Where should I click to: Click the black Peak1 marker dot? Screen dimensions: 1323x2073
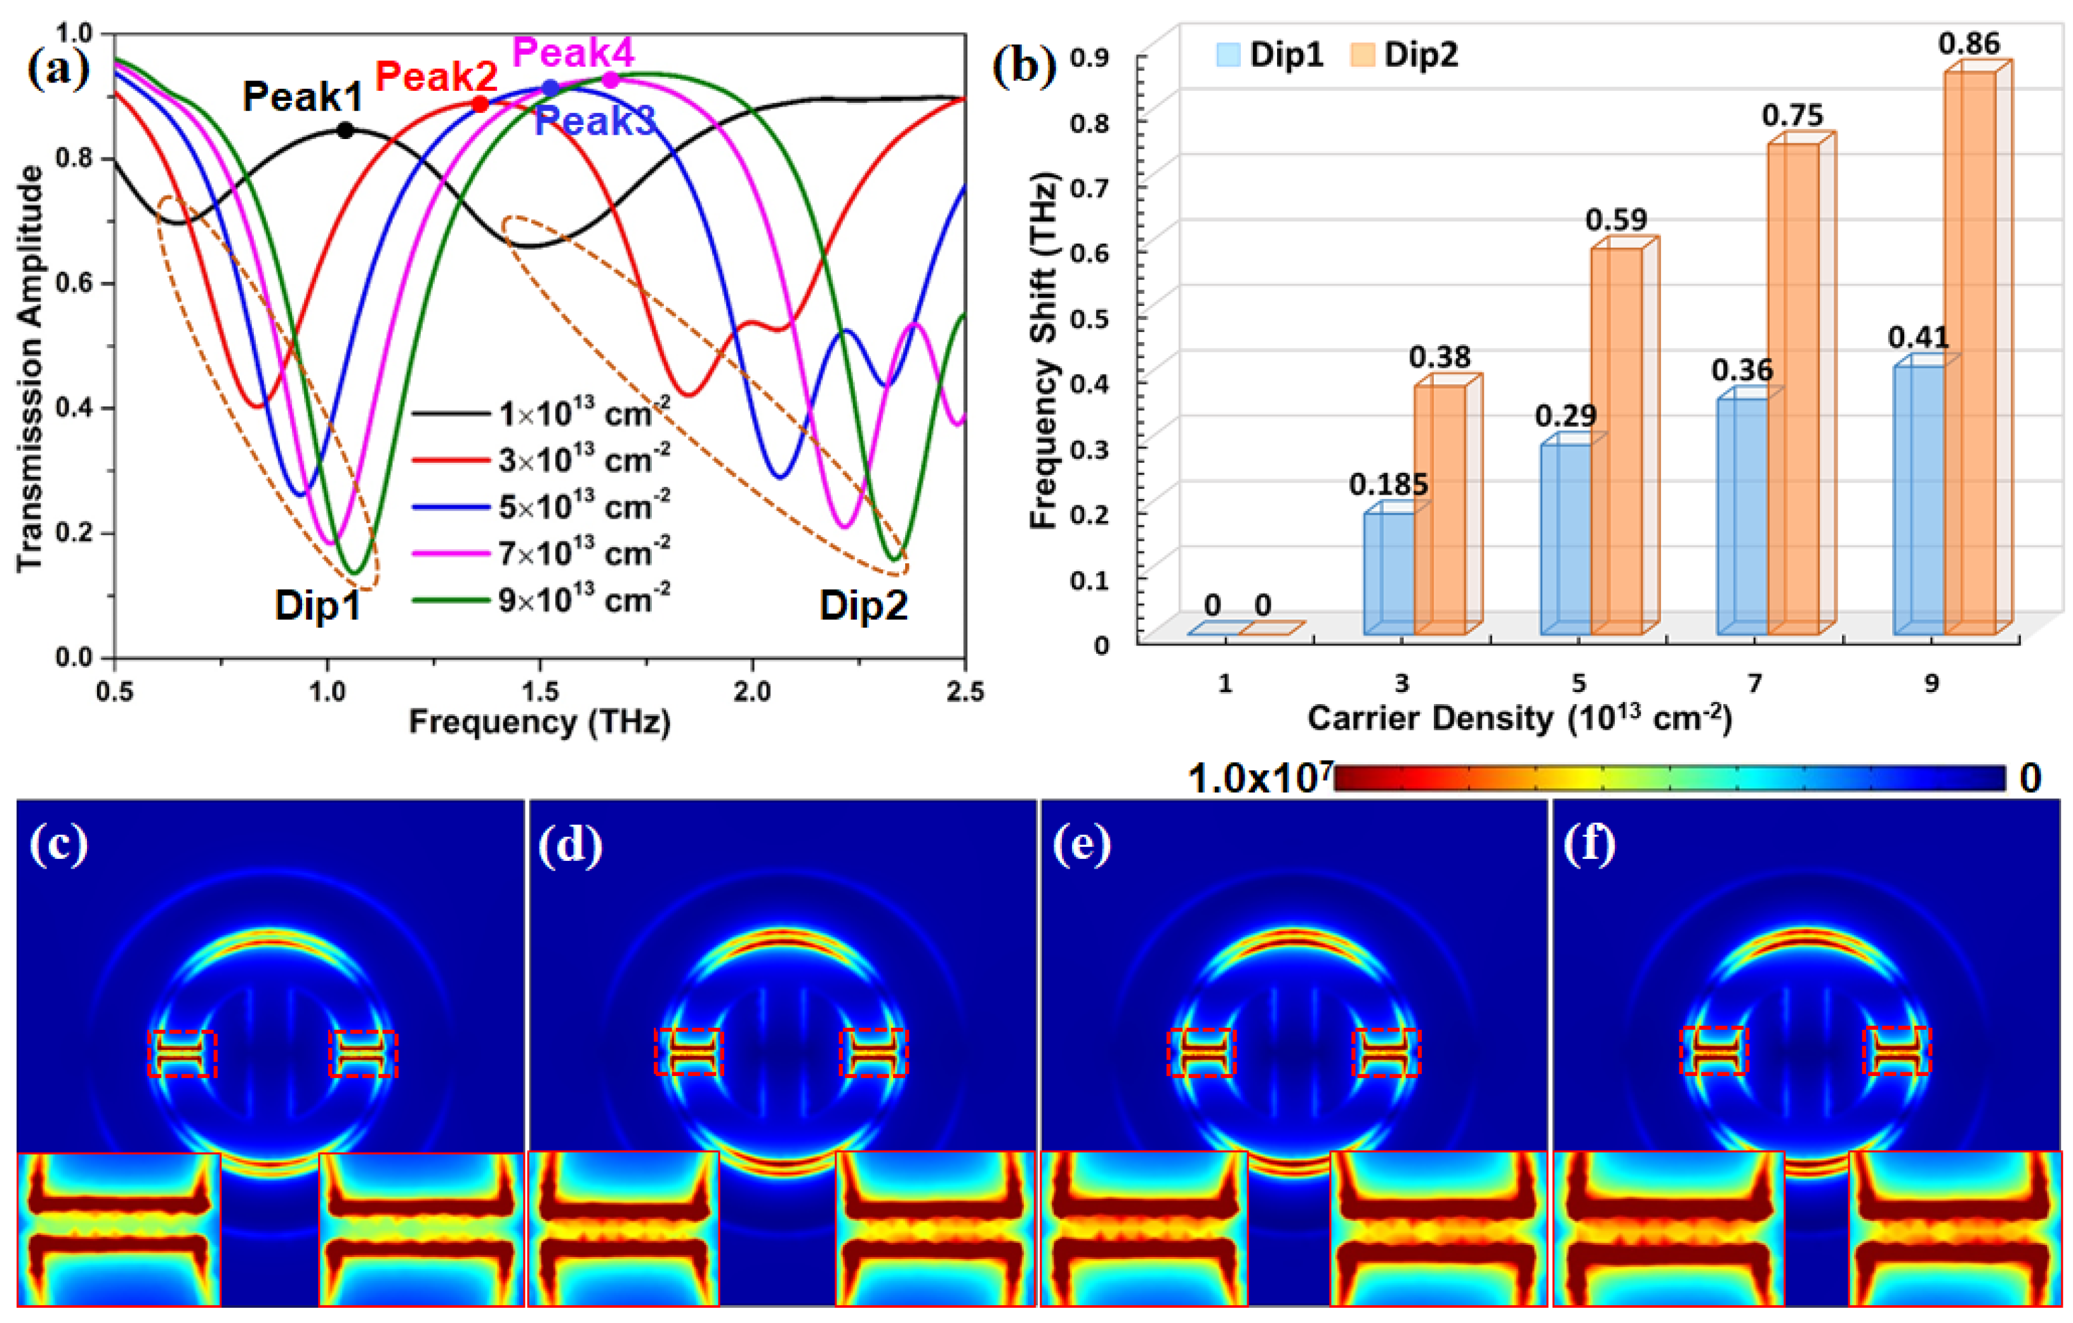click(345, 131)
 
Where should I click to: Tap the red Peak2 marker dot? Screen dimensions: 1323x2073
click(480, 104)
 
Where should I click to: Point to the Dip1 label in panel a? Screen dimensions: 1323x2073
click(317, 605)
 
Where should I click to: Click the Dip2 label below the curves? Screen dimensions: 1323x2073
click(863, 605)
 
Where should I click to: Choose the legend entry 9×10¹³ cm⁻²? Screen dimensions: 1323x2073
click(584, 600)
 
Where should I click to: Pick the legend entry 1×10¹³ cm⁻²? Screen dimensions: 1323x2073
click(584, 414)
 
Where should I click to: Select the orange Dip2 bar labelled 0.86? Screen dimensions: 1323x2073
click(1970, 353)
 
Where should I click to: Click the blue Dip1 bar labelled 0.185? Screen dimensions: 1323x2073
click(1389, 573)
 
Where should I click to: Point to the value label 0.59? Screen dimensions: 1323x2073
click(1616, 220)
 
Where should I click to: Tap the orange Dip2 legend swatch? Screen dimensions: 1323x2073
click(1362, 55)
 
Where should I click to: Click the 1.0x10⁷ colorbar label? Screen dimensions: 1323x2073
click(1259, 779)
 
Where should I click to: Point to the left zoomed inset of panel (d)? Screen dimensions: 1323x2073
click(623, 1228)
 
